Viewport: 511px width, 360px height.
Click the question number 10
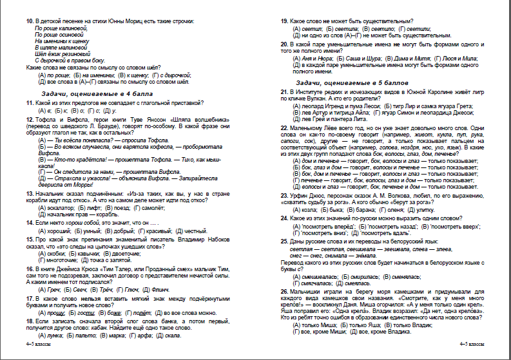30,21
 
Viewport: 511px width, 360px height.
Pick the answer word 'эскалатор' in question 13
59,208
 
